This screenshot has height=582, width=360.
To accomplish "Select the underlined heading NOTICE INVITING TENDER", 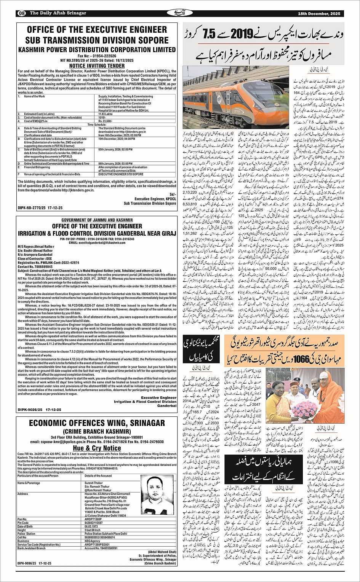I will pos(97,66).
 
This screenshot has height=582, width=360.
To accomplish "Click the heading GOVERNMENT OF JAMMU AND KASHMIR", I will pos(97,220).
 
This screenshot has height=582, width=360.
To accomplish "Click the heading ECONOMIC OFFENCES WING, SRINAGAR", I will pos(97,423).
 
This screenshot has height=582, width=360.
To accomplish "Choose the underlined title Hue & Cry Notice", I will pos(97,448).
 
